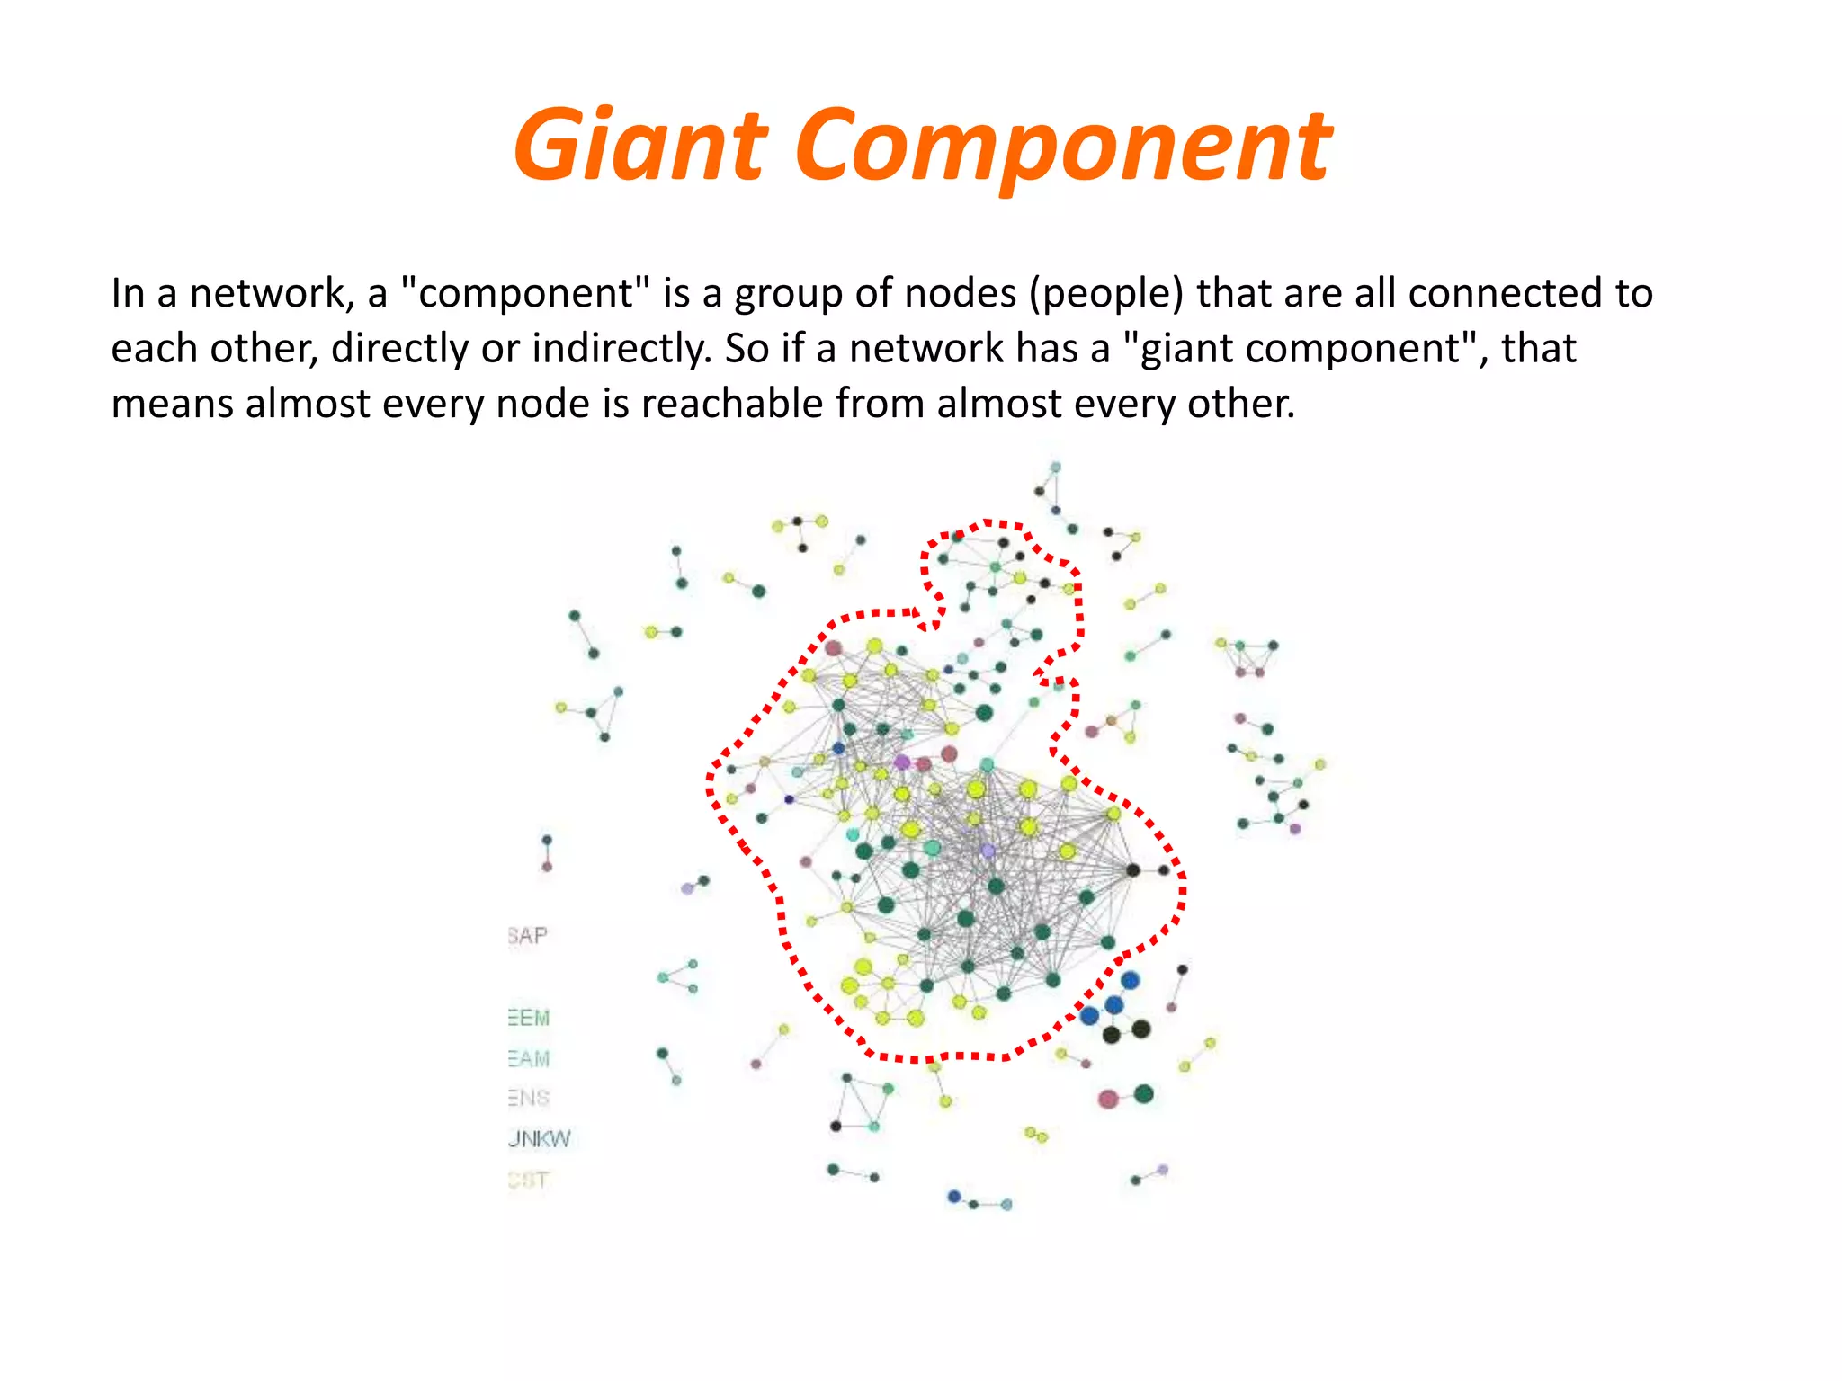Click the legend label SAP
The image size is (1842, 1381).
[x=528, y=936]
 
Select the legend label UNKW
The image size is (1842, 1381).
[x=539, y=1139]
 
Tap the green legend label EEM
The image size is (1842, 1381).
[x=529, y=1018]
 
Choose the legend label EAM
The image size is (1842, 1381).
[x=529, y=1059]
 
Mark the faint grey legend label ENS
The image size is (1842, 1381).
[x=529, y=1099]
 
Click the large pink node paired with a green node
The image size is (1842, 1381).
[x=1108, y=1099]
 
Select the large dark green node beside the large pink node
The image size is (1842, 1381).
[x=1143, y=1094]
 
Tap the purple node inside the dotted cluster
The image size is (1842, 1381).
[x=901, y=762]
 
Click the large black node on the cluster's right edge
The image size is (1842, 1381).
[x=1133, y=869]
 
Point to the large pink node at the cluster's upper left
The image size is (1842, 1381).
[x=834, y=648]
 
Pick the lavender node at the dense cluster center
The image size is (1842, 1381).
[x=988, y=851]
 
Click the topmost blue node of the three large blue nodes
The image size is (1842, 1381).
[x=1131, y=980]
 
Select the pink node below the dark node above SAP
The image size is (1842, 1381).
[x=547, y=867]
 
